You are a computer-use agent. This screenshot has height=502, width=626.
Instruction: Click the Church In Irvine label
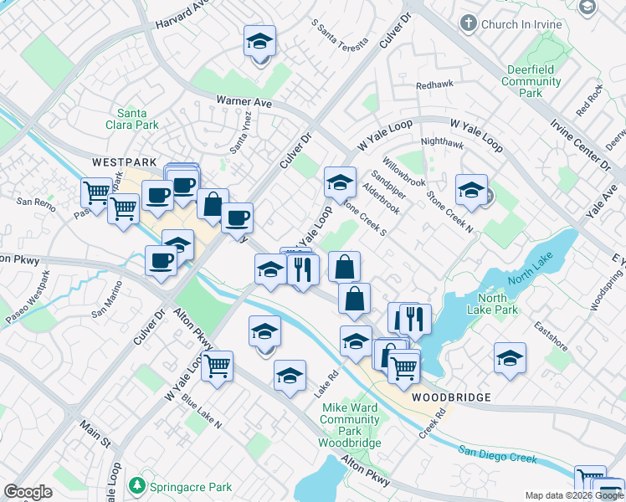tap(521, 25)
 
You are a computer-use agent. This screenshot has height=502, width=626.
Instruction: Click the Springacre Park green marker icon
tap(136, 485)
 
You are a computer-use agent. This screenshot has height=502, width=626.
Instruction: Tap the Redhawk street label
tap(434, 85)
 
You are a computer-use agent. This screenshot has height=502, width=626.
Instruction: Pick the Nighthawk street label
tap(442, 143)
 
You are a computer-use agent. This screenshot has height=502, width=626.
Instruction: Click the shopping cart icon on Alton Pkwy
tap(217, 366)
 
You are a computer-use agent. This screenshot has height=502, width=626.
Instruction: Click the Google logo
tap(28, 492)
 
